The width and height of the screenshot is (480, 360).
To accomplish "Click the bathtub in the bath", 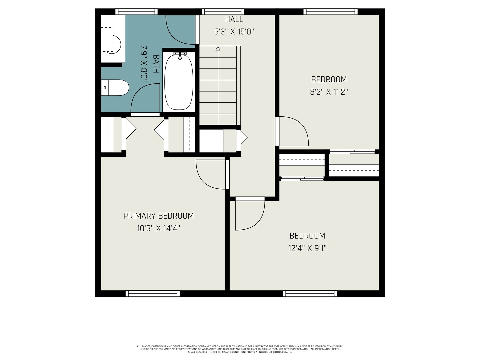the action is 179,82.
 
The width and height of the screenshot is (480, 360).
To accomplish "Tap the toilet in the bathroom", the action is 115,87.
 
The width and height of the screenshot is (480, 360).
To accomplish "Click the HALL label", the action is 234,19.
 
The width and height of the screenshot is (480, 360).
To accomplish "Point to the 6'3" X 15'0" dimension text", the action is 234,32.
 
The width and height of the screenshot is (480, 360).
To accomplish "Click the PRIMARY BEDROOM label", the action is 159,216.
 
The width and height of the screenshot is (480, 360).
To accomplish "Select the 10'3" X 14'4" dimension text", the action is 159,228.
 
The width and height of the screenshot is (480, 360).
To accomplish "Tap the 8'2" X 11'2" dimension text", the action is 329,92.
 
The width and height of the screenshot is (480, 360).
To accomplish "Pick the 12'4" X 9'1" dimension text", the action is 307,248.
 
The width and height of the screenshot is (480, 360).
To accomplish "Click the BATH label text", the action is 156,64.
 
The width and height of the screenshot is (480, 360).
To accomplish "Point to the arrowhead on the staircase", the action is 218,48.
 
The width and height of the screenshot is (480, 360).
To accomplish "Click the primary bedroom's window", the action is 153,294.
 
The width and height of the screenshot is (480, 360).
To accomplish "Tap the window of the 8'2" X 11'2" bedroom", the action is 330,12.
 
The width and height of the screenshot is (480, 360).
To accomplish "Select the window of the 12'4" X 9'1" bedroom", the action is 310,294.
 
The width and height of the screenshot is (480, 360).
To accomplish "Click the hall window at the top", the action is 223,12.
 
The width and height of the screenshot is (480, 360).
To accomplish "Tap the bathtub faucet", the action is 180,56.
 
